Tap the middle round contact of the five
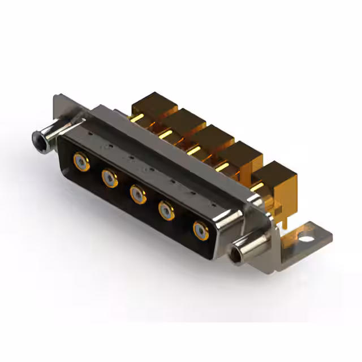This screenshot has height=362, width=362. pyautogui.click(x=137, y=195)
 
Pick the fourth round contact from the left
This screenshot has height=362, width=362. pyautogui.click(x=166, y=212)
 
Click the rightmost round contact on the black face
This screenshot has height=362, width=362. pyautogui.click(x=200, y=231)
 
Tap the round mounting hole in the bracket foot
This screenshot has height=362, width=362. pyautogui.click(x=308, y=231)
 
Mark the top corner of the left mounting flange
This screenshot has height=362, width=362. pyautogui.click(x=58, y=97)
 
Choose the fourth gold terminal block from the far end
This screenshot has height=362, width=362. pyautogui.click(x=242, y=155)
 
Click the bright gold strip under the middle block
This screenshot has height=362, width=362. pyautogui.click(x=195, y=150)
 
